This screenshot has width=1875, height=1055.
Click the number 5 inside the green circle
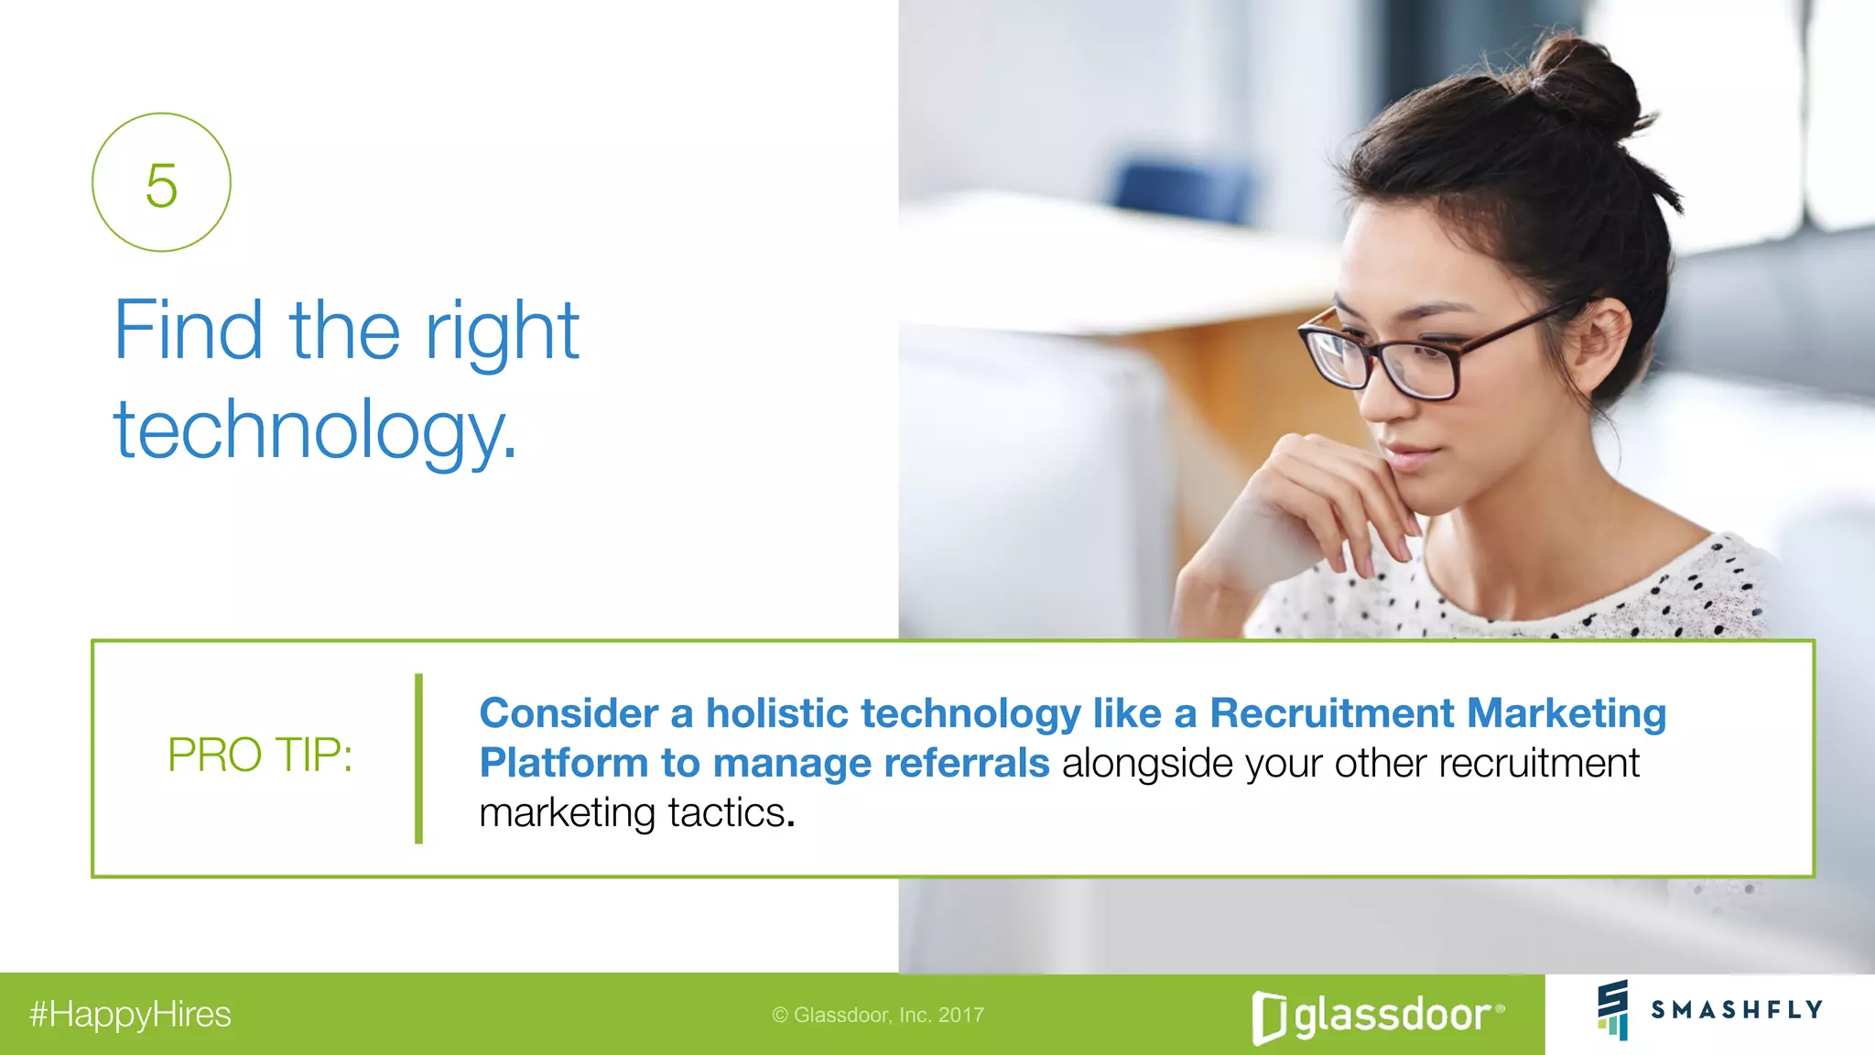[161, 186]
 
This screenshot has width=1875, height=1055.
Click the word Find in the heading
[188, 331]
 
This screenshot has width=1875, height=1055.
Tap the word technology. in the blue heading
[315, 430]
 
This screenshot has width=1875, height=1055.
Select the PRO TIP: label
[260, 756]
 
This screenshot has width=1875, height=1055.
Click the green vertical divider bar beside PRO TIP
[418, 758]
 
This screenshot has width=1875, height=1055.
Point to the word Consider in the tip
[569, 713]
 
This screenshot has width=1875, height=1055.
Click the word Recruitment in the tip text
[1332, 713]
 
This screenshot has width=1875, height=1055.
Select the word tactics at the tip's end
[728, 812]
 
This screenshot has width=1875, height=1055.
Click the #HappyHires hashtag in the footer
[130, 1015]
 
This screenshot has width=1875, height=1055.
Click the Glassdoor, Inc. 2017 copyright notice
[878, 1015]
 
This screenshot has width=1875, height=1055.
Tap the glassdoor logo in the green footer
[1378, 1016]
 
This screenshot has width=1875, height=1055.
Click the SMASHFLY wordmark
[1737, 1009]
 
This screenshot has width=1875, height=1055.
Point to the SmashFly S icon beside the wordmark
[1613, 1009]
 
